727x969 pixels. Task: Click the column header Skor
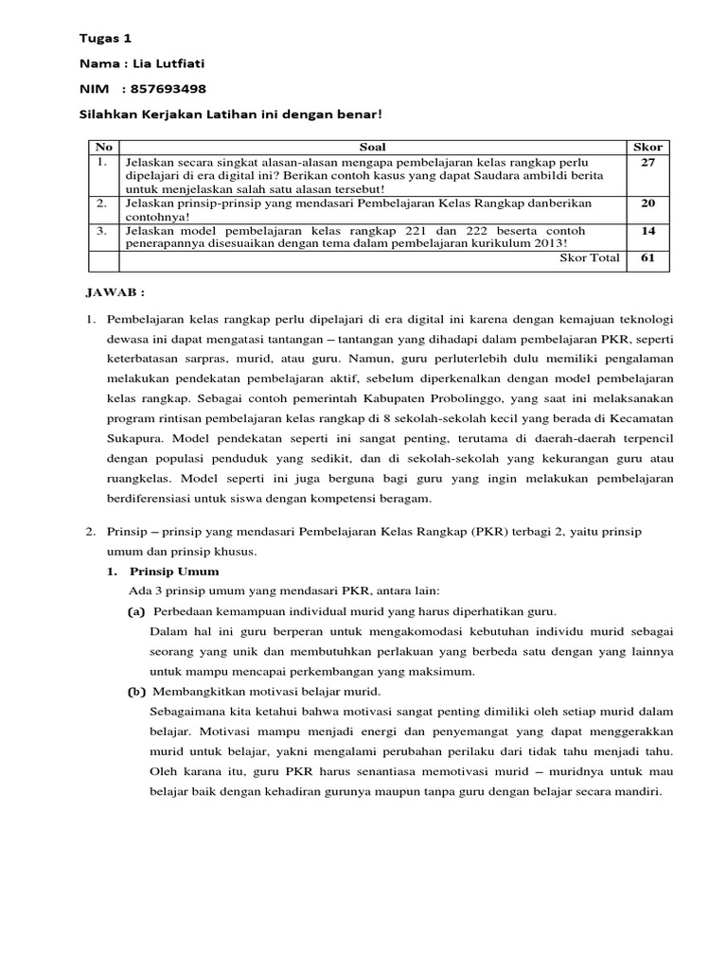point(647,148)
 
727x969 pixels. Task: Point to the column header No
point(104,148)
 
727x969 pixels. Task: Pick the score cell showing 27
point(647,162)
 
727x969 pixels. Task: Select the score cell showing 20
point(647,203)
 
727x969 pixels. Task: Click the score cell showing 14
point(647,230)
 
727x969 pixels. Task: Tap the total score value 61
point(647,257)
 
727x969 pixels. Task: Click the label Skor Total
point(591,257)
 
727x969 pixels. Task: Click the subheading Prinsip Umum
point(174,572)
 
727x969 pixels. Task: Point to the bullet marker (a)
point(137,611)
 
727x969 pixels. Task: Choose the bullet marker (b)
point(137,691)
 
